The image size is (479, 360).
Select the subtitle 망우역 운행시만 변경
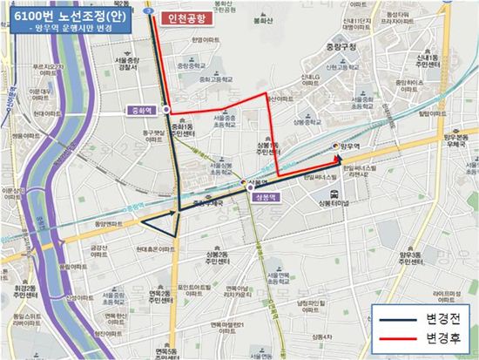click(x=66, y=30)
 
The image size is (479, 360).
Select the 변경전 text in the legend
click(x=439, y=317)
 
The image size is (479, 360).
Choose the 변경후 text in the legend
click(x=439, y=336)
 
